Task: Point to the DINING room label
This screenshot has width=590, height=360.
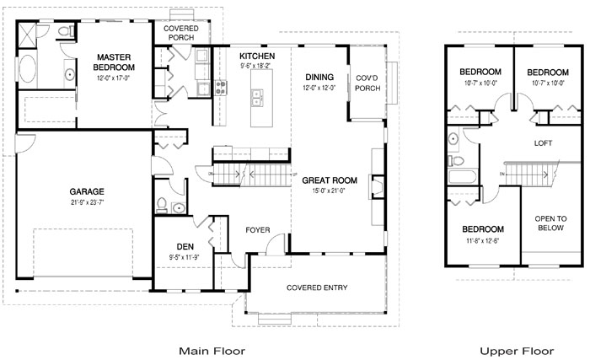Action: coord(320,76)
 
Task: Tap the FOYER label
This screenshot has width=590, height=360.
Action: coord(257,229)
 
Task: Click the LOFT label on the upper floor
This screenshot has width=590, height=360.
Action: coord(544,143)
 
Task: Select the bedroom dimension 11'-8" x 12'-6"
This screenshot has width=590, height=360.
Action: coord(483,240)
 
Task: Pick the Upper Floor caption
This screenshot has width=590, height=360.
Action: coord(517,349)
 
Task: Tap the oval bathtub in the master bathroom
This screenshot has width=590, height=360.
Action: coord(28,70)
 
